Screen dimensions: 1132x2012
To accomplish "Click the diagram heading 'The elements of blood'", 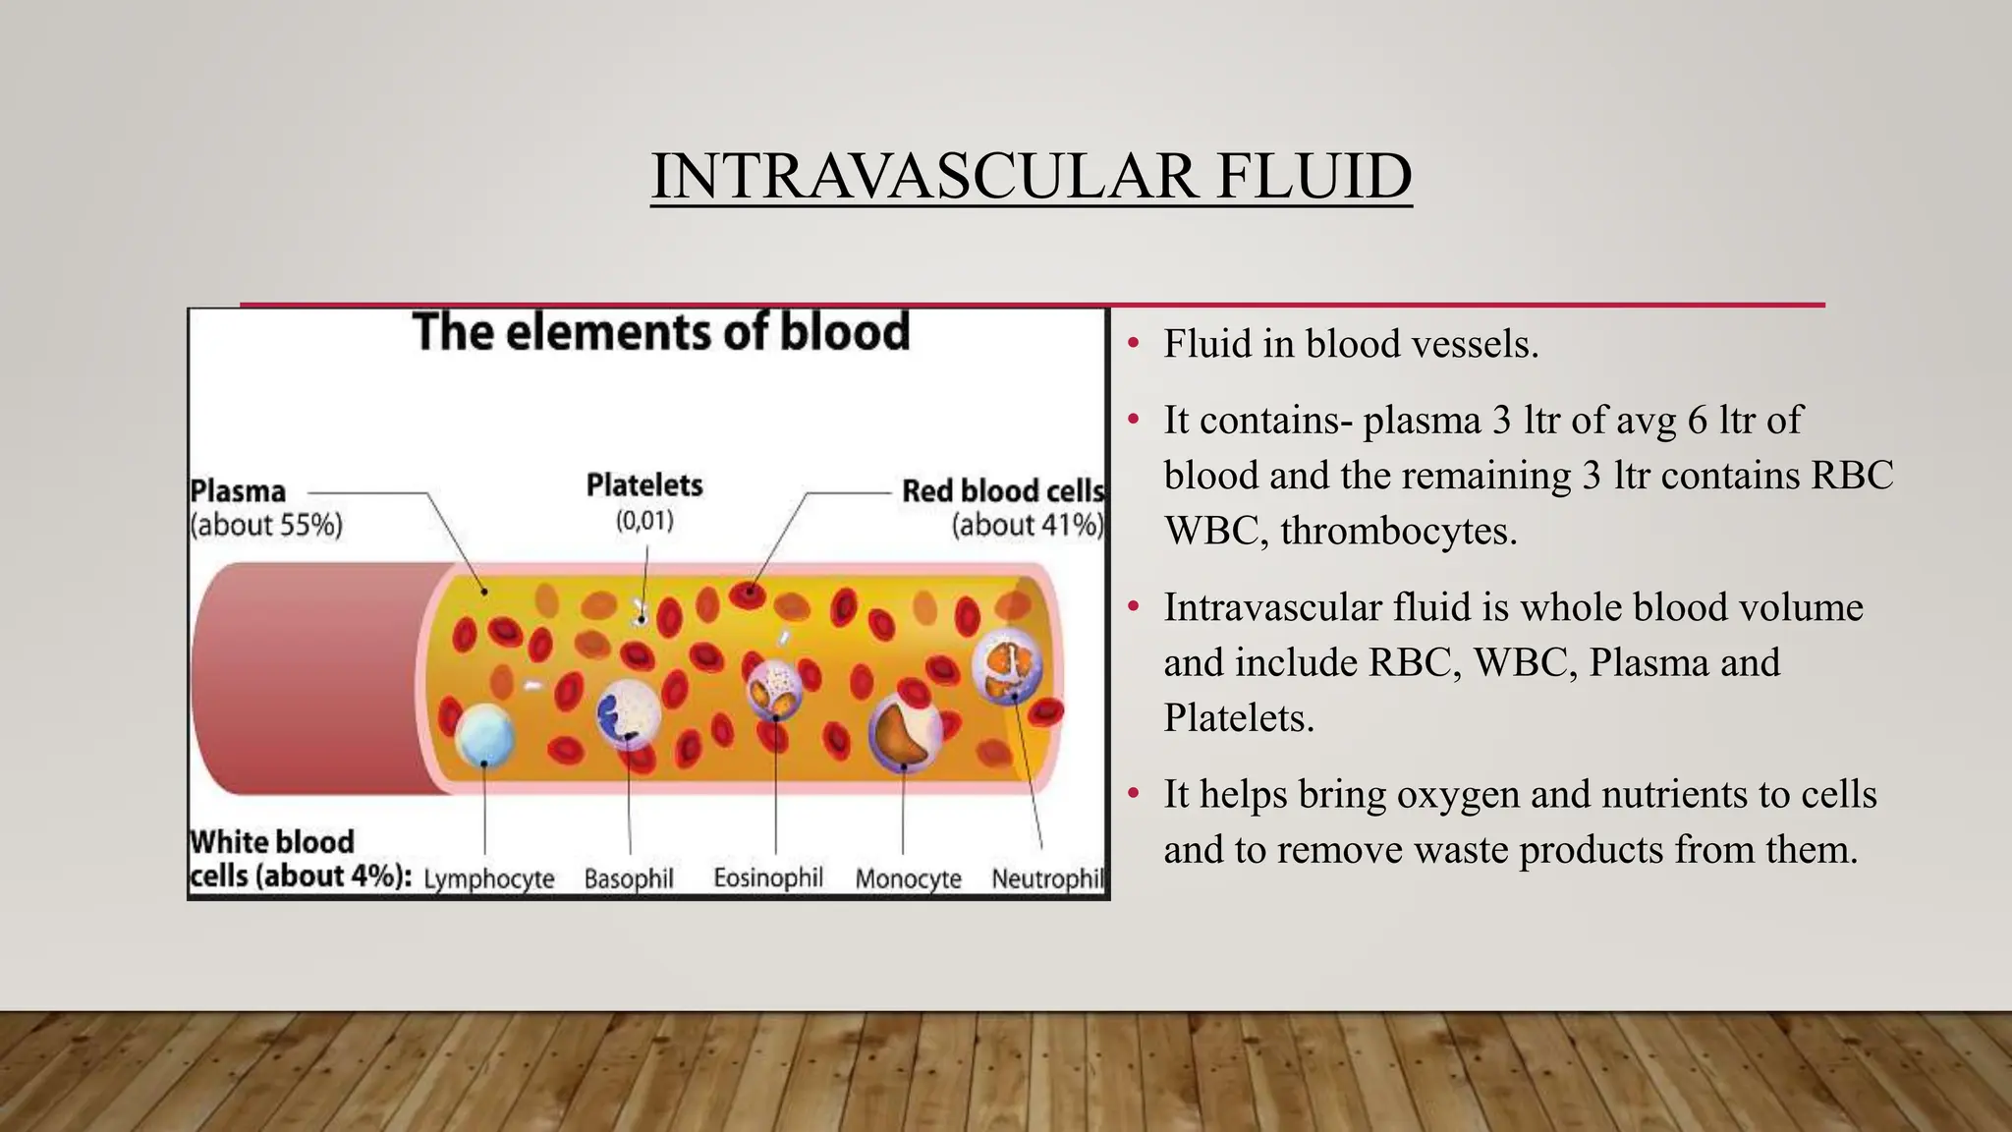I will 660,331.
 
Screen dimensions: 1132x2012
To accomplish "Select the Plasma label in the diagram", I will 238,490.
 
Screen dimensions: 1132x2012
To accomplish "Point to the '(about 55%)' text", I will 266,525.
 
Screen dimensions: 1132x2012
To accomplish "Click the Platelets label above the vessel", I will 644,485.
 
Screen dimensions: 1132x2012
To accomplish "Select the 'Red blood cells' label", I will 1002,490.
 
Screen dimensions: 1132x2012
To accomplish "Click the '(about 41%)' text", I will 1027,525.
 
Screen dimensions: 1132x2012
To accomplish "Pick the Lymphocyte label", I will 488,877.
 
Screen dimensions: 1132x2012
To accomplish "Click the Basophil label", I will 629,877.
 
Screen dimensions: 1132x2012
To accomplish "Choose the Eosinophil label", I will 768,877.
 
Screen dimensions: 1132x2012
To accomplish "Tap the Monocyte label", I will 908,877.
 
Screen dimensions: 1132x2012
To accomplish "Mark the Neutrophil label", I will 1047,877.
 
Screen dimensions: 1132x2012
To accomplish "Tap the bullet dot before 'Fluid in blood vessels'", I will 1134,344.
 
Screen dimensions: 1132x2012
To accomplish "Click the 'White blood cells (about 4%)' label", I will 295,859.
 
